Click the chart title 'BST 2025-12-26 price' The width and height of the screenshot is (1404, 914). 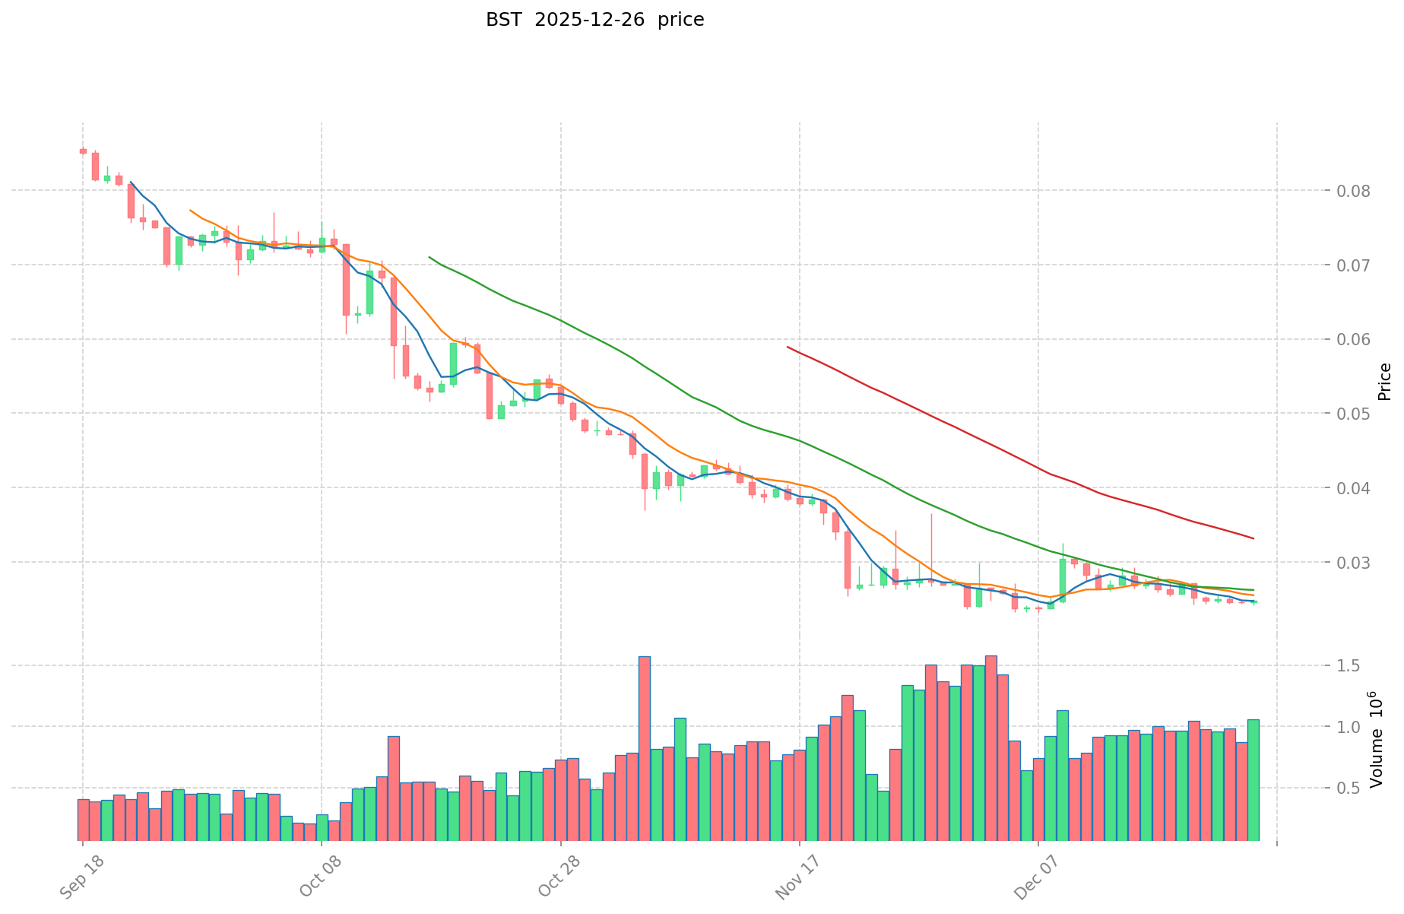click(594, 20)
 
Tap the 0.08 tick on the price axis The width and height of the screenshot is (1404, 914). click(1353, 191)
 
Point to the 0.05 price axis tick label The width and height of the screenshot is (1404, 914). click(1353, 414)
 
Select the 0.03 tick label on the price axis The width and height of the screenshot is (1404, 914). click(1353, 563)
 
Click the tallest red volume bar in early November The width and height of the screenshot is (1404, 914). click(644, 748)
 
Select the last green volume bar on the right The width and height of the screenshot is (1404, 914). click(1253, 779)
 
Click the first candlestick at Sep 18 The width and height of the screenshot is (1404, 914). click(83, 151)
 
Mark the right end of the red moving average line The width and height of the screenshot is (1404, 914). click(1253, 538)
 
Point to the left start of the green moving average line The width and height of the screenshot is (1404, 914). click(429, 257)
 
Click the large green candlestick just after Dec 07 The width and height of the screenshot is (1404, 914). click(1062, 580)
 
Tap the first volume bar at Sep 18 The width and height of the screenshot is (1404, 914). click(83, 820)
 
